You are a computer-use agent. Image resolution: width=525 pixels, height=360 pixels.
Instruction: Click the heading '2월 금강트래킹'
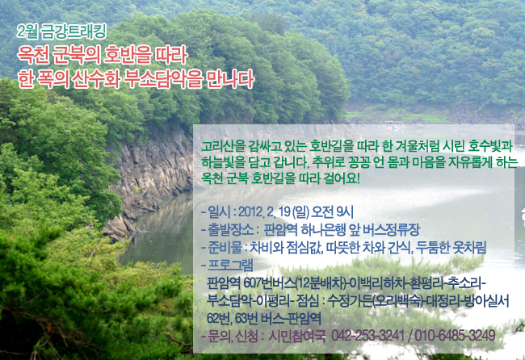62,31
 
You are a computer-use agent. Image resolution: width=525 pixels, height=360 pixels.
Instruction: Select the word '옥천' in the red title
33,55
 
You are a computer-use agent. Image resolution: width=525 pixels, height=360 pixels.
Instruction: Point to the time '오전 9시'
332,211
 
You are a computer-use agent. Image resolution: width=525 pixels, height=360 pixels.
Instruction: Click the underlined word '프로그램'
230,266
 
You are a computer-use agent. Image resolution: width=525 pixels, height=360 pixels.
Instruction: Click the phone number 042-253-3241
368,336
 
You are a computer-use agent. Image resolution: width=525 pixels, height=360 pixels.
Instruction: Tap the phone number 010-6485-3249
455,336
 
